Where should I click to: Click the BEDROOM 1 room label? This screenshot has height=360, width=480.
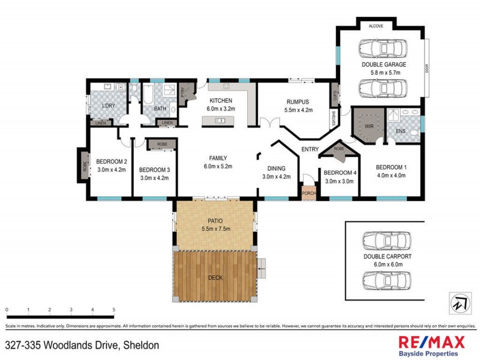391,167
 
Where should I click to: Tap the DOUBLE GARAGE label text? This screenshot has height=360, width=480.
383,64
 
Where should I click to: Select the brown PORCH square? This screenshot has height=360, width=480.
308,193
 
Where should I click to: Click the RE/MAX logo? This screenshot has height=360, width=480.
431,343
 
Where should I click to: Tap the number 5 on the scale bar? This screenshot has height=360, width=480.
113,310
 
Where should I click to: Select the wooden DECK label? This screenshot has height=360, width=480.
215,277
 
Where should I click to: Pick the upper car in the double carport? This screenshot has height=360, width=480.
386,241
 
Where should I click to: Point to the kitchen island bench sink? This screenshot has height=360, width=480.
219,121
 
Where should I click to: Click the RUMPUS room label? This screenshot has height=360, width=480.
298,102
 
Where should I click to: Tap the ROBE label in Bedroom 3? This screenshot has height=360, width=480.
162,145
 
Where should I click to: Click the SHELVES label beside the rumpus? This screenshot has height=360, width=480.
332,118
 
